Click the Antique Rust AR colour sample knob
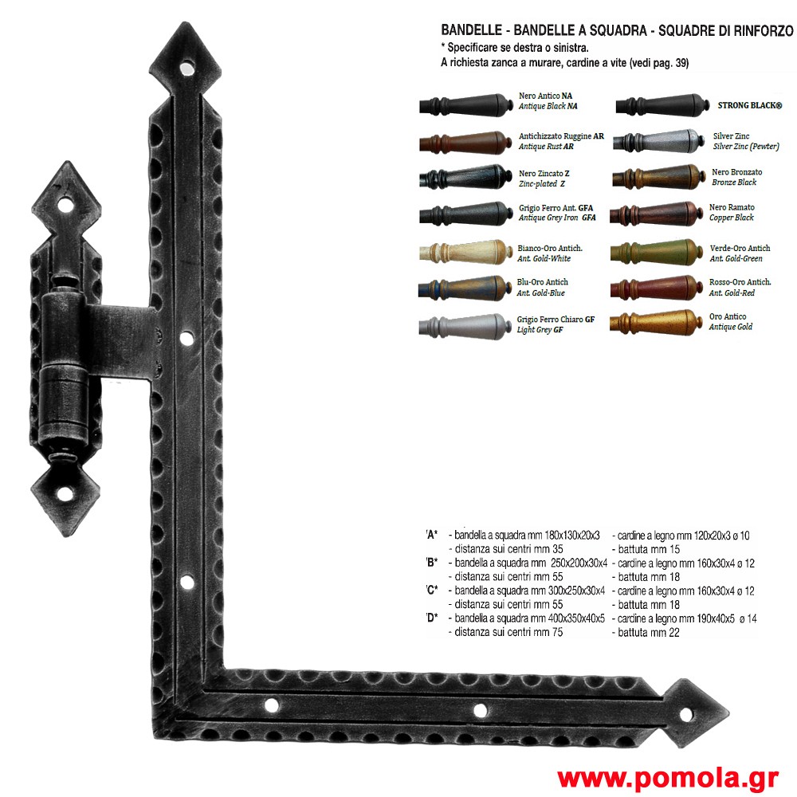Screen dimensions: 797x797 [465, 143]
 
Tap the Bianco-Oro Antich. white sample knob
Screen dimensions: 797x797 [465, 252]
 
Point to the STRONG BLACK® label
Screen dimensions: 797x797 [749, 106]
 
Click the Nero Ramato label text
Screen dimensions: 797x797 [732, 207]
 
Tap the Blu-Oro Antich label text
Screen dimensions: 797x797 [542, 282]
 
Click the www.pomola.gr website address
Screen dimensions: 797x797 [668, 778]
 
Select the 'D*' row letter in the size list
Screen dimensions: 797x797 [431, 618]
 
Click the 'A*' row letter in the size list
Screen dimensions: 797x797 [431, 535]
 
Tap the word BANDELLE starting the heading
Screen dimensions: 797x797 [471, 30]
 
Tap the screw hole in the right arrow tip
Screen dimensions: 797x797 [685, 715]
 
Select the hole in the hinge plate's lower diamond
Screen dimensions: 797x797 [65, 494]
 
